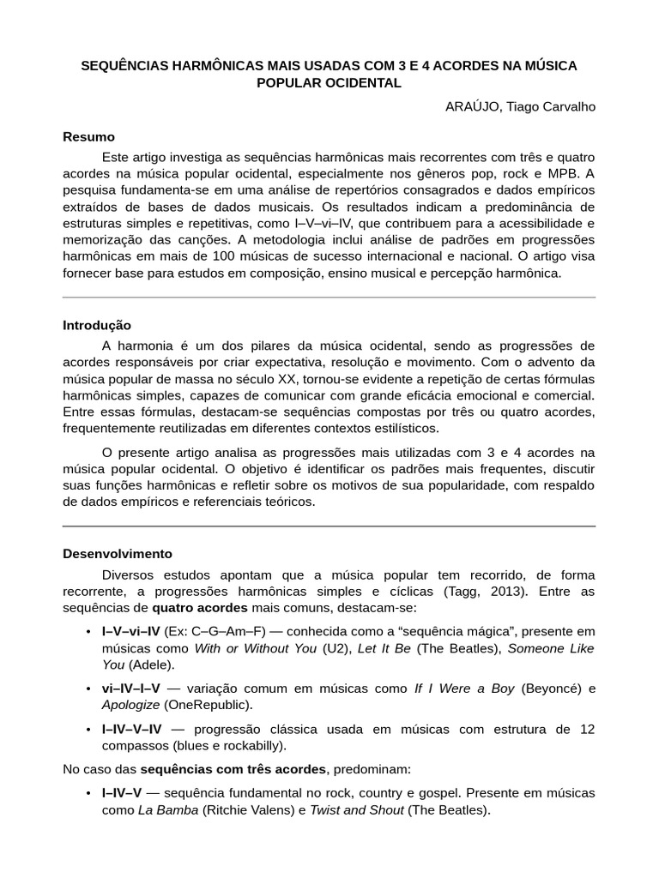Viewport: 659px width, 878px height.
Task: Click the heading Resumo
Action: pos(88,137)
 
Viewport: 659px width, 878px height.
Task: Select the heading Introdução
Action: pos(97,325)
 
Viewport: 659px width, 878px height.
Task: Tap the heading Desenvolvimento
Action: pos(118,553)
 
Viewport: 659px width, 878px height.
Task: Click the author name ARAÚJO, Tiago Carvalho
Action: pos(520,106)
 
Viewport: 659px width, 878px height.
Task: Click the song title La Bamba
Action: pos(168,809)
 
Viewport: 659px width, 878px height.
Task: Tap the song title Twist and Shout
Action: pos(356,809)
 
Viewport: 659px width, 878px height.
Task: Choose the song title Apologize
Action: pos(130,705)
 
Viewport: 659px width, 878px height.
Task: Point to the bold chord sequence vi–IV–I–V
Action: pos(135,688)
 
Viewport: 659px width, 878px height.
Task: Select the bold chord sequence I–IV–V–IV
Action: pos(137,729)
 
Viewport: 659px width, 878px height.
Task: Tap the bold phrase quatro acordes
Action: pos(200,608)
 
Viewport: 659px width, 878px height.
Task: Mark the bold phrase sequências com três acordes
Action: pos(233,769)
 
